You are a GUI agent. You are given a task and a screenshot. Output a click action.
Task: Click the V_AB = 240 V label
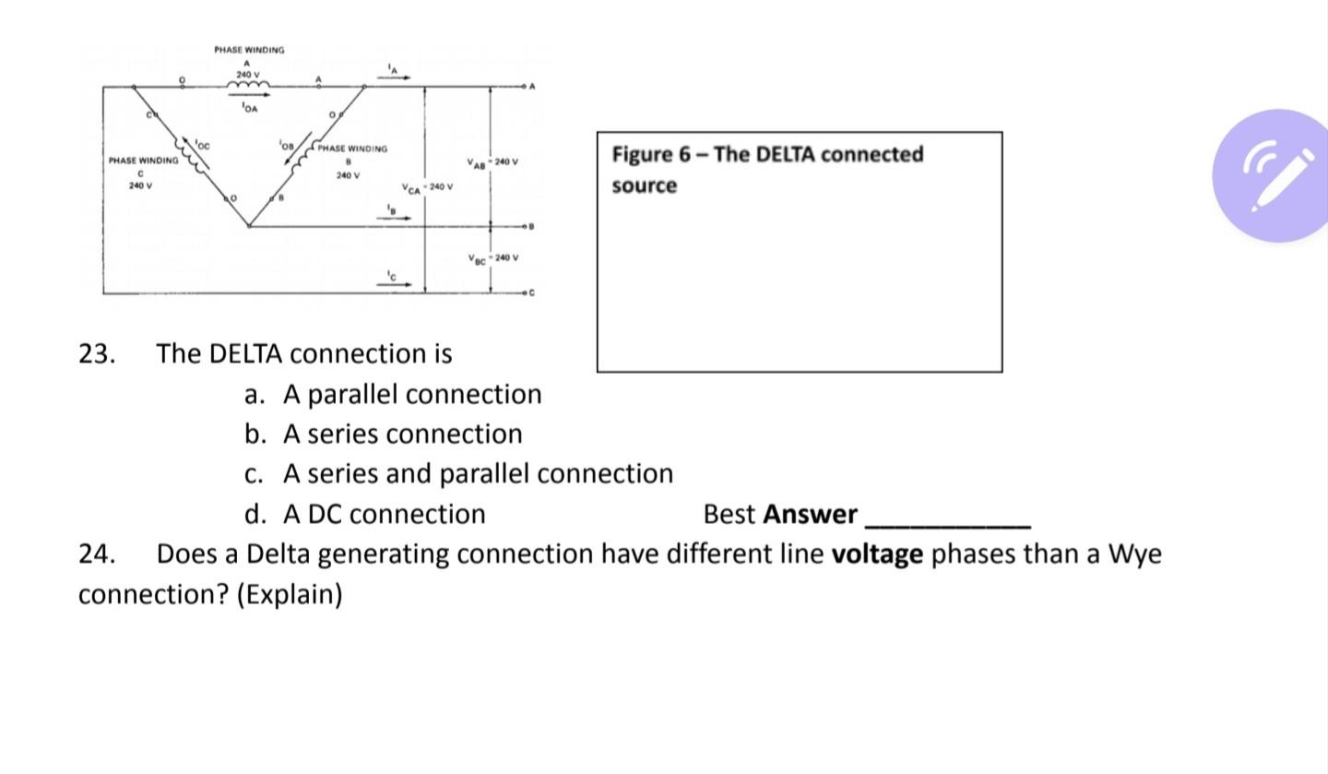(492, 162)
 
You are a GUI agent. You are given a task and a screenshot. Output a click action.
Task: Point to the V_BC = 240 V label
(492, 258)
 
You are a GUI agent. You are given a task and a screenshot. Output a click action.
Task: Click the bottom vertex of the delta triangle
(249, 225)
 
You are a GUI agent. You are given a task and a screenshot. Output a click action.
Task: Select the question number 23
(97, 354)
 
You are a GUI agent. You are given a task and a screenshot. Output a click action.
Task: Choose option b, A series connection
(402, 434)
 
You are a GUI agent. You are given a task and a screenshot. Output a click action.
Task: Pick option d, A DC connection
(384, 514)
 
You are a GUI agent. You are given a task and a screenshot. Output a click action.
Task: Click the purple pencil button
(1278, 175)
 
